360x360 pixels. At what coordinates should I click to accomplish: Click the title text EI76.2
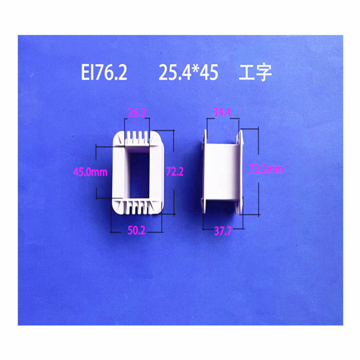pos(104,73)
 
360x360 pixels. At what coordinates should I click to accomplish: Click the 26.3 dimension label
pos(137,113)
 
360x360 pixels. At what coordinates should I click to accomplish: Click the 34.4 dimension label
pos(222,113)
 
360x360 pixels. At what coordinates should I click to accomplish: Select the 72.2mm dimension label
pos(266,169)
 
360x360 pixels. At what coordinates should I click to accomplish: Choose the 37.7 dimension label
pos(223,231)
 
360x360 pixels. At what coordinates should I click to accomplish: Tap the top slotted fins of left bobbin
pos(137,140)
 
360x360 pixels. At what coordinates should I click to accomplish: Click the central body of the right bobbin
pos(222,173)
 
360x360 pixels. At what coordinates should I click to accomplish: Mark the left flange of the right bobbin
pos(203,173)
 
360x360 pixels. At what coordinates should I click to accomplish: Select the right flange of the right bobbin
pos(241,173)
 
